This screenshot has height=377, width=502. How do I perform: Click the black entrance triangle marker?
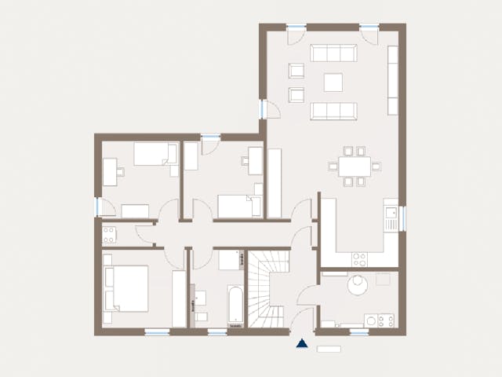pyautogui.click(x=301, y=342)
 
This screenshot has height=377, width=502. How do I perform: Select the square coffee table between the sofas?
pyautogui.click(x=334, y=82)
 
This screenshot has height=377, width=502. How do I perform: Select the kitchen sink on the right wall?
pyautogui.click(x=390, y=214)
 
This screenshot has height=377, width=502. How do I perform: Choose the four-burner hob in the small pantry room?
pyautogui.click(x=109, y=233)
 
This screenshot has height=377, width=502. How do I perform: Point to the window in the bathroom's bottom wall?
pyautogui.click(x=217, y=331)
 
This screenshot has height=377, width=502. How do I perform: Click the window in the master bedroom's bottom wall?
pyautogui.click(x=157, y=331)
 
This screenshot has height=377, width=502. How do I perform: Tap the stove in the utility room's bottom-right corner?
pyautogui.click(x=385, y=320)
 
